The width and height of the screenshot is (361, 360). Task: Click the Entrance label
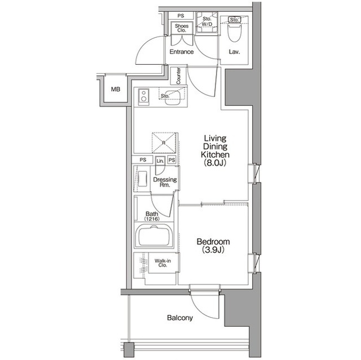[x=182, y=52]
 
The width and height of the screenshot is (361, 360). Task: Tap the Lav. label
[x=235, y=52]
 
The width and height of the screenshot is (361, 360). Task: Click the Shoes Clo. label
[x=181, y=28]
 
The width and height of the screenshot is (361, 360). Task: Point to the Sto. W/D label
[x=206, y=22]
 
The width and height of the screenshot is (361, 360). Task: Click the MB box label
[x=115, y=89]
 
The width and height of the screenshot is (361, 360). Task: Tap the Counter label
[x=178, y=76]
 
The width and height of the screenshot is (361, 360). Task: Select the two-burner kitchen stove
[x=143, y=97]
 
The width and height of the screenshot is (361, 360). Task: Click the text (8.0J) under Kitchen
[x=214, y=163]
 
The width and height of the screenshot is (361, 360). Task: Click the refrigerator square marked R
[x=164, y=143]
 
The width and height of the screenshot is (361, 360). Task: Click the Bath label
[x=152, y=214]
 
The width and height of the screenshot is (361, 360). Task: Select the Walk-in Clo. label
[x=163, y=264]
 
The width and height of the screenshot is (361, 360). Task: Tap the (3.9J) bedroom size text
[x=213, y=251]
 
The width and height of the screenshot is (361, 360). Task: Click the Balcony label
[x=180, y=318]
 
